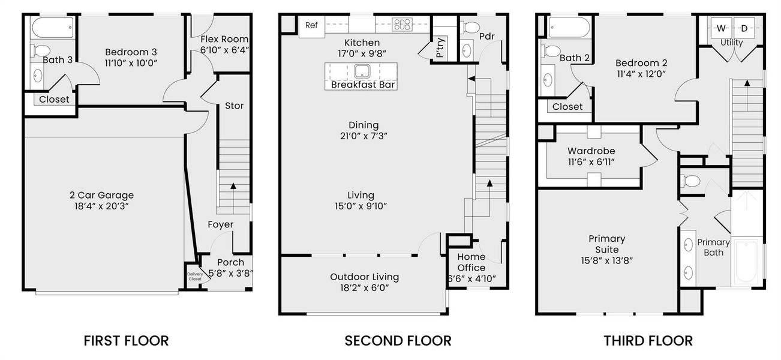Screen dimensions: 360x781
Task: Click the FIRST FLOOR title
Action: click(x=126, y=341)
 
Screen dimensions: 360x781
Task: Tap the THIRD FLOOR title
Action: click(x=648, y=341)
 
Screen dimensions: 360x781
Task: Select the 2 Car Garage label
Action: click(x=101, y=195)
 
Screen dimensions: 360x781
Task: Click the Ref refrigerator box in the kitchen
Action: click(x=311, y=25)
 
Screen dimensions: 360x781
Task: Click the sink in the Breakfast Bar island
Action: click(x=362, y=71)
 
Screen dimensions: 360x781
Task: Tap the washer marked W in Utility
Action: click(x=720, y=28)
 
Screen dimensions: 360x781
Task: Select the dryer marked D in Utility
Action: click(x=744, y=28)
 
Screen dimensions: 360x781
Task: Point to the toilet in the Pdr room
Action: click(x=471, y=28)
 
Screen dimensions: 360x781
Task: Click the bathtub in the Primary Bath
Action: click(x=747, y=261)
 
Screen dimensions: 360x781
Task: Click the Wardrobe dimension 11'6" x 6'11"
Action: click(x=591, y=162)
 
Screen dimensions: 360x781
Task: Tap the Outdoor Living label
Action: click(x=364, y=277)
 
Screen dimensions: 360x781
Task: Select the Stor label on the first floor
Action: click(x=234, y=106)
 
